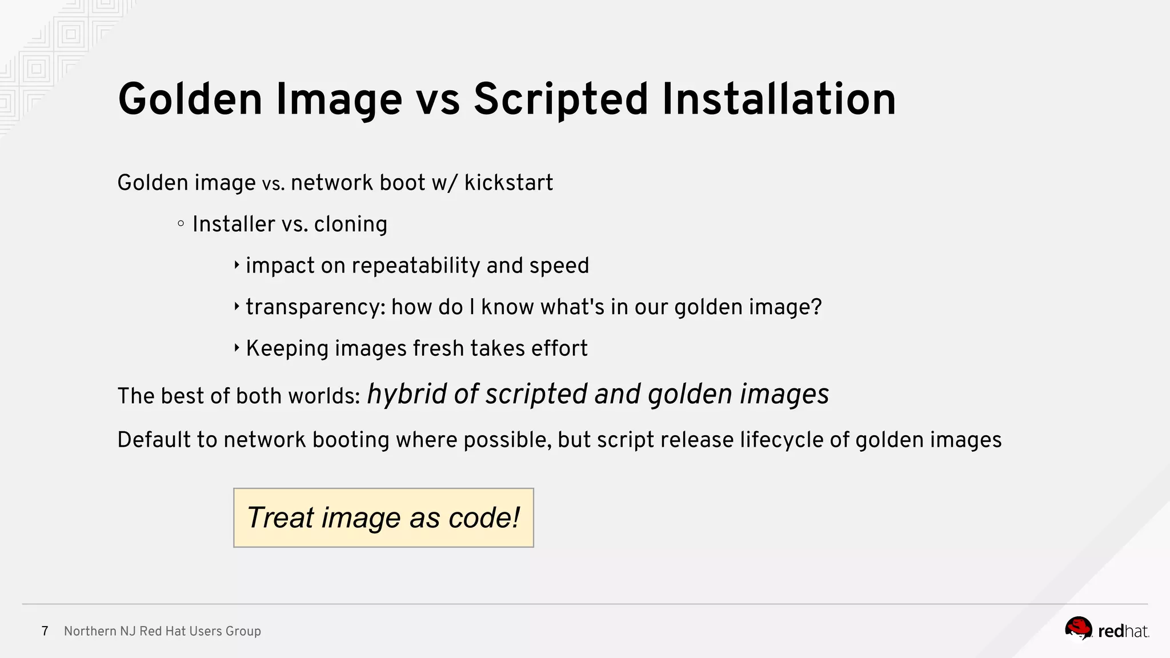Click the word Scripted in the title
(x=560, y=100)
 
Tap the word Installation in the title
(x=779, y=100)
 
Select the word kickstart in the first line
(x=508, y=183)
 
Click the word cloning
(x=350, y=224)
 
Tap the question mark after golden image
(x=816, y=307)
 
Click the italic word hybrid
(x=406, y=394)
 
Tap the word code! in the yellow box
(x=484, y=518)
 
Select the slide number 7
(x=45, y=631)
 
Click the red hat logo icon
(x=1078, y=629)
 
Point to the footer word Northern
(x=89, y=631)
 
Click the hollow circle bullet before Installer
(x=181, y=224)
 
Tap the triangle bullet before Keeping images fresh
(x=237, y=348)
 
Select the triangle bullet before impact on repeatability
(x=237, y=265)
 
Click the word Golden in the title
(x=190, y=100)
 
